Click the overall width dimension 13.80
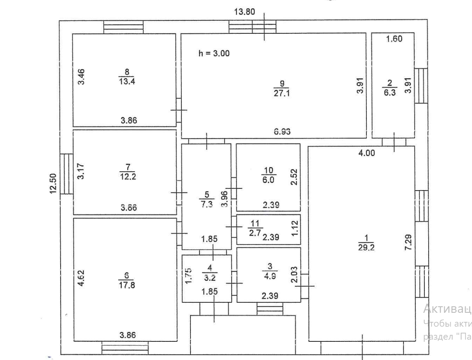(244, 12)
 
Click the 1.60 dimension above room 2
(394, 39)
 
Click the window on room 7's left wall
(67, 173)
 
